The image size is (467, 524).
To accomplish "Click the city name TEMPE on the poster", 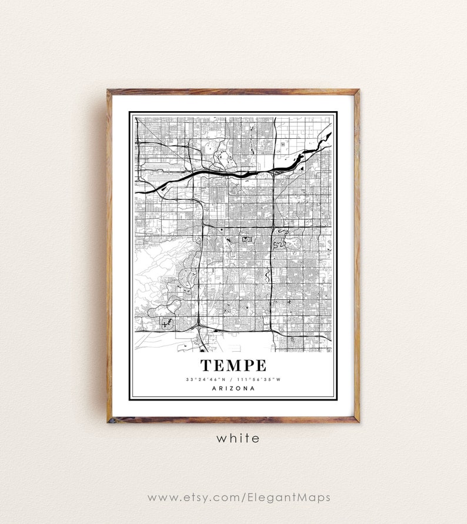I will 233,365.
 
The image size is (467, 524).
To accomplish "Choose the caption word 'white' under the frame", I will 237,438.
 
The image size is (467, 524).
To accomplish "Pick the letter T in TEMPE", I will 206,365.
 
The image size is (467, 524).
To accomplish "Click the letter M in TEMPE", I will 233,365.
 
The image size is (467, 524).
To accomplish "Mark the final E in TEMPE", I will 260,365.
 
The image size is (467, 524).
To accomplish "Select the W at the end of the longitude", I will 279,379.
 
